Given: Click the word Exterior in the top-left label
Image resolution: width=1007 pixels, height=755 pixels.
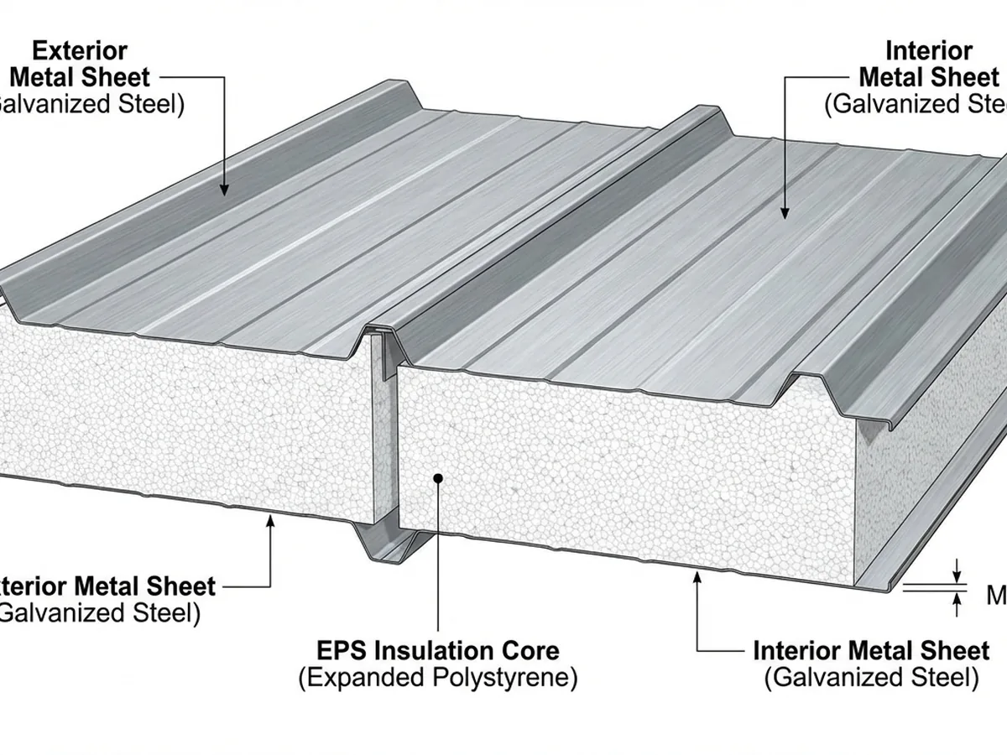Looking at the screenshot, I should coord(79,49).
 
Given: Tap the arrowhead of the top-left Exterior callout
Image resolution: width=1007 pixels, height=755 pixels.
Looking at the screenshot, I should coord(225,190).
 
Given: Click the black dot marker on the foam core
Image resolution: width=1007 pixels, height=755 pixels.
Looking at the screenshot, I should coord(437,478).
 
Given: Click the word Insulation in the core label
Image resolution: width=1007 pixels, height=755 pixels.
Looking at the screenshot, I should coord(441,650).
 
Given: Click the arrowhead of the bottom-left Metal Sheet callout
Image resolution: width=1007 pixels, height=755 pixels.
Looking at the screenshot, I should coord(270,522).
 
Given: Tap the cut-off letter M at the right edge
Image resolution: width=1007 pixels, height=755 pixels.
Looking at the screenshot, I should coord(996,596).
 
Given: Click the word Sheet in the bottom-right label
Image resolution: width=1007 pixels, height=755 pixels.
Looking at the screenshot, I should coord(953,650).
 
